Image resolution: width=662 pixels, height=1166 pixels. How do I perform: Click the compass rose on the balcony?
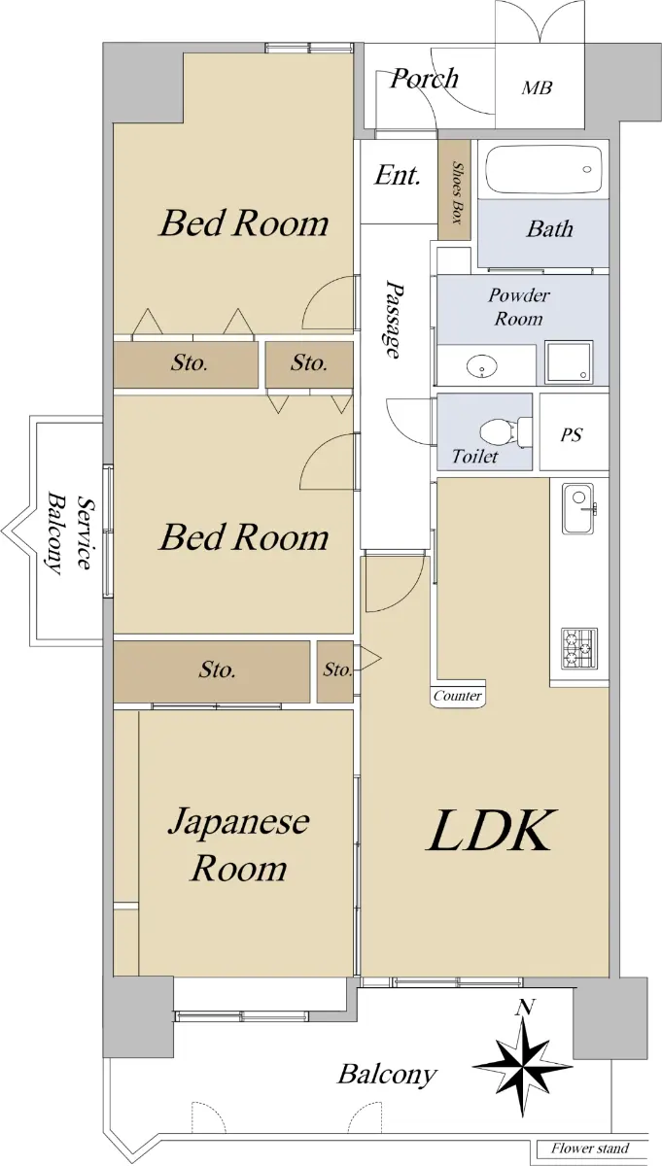click(x=523, y=1067)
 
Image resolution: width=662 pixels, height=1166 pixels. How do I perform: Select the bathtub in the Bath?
click(x=543, y=170)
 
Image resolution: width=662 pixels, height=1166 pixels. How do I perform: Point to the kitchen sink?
click(x=578, y=508)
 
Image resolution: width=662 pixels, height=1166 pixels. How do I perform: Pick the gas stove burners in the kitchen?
click(x=578, y=649)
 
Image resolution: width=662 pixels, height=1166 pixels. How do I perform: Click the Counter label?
click(x=457, y=696)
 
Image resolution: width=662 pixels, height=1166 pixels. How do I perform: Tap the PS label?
click(x=572, y=434)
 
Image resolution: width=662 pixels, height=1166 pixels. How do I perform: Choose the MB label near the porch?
click(x=537, y=87)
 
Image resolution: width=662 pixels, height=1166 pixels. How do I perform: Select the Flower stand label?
click(x=590, y=1149)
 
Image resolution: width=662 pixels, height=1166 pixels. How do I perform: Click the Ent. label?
click(x=397, y=175)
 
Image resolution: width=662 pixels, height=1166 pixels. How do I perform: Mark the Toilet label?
click(x=474, y=457)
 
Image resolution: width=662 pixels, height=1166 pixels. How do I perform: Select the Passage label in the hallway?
click(x=395, y=319)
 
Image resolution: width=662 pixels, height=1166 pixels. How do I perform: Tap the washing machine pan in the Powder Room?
click(x=569, y=361)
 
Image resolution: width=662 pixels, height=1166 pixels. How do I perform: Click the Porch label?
click(x=425, y=79)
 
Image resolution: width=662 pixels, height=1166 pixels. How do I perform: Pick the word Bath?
click(x=550, y=228)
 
